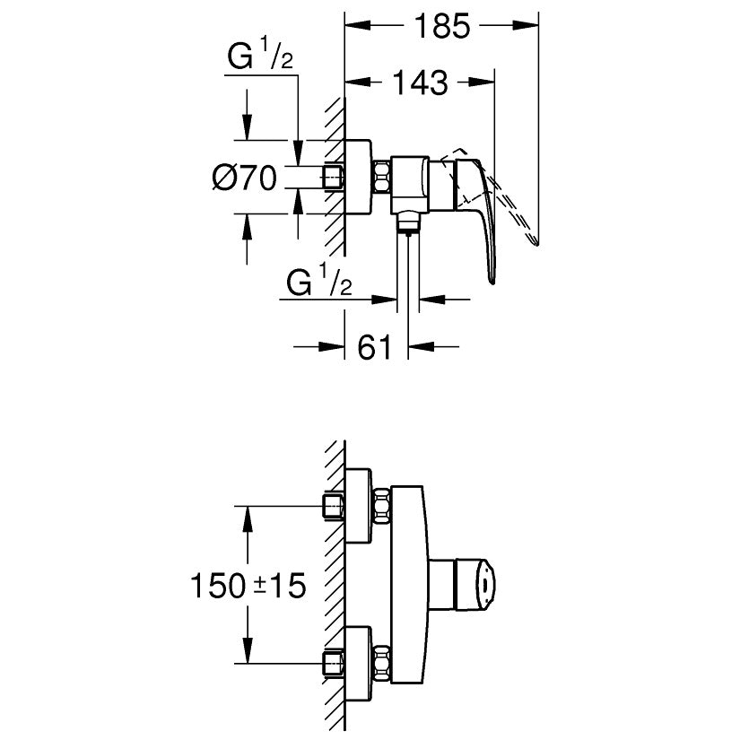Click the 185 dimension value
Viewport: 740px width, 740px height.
pyautogui.click(x=442, y=27)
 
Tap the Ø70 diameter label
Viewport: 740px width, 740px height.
pyautogui.click(x=244, y=178)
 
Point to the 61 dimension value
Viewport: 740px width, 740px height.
pyautogui.click(x=376, y=345)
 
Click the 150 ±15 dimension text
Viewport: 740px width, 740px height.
pyautogui.click(x=248, y=587)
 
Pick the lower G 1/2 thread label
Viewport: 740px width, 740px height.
pyautogui.click(x=318, y=284)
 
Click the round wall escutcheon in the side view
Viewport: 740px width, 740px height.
pyautogui.click(x=358, y=178)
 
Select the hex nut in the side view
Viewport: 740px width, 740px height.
pyautogui.click(x=383, y=177)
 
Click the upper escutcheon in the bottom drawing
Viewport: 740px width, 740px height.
pyautogui.click(x=359, y=507)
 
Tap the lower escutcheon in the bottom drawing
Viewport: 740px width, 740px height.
pyautogui.click(x=359, y=663)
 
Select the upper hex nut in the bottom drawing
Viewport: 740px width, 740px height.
pyautogui.click(x=383, y=507)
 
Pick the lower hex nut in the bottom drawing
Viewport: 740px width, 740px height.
pyautogui.click(x=383, y=663)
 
